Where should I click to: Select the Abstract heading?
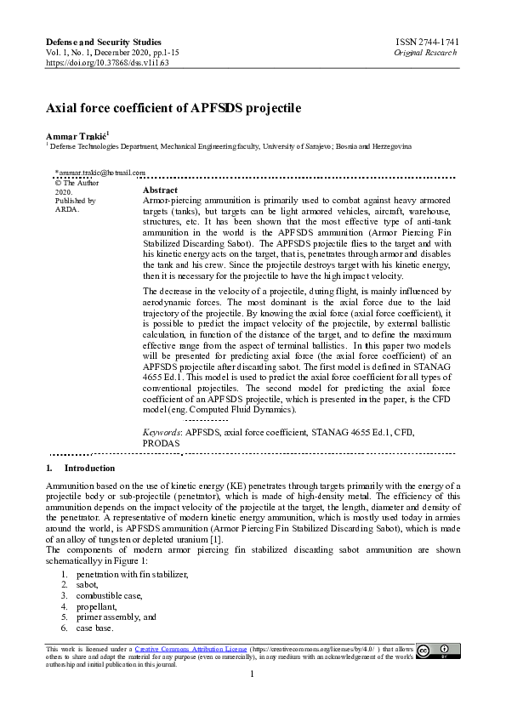coord(160,190)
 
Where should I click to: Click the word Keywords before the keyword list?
coord(162,432)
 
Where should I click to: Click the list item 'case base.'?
coord(94,628)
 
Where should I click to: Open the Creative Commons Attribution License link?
coord(190,648)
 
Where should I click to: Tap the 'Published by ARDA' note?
coord(75,205)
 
